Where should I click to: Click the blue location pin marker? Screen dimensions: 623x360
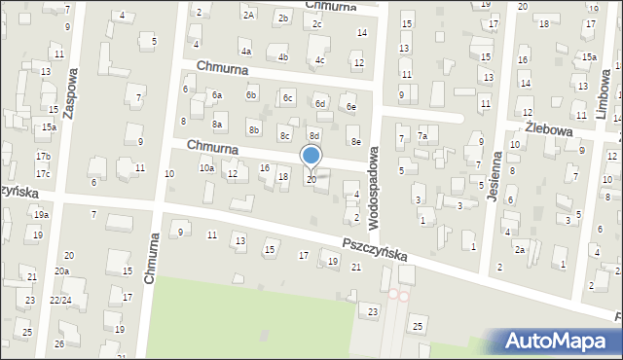pyautogui.click(x=311, y=157)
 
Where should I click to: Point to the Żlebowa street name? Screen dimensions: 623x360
pyautogui.click(x=552, y=128)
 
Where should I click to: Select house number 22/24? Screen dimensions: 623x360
pyautogui.click(x=60, y=300)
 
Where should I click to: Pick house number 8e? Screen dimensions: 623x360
pyautogui.click(x=355, y=142)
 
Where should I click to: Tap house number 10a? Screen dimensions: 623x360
pyautogui.click(x=206, y=168)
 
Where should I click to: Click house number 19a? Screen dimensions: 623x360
pyautogui.click(x=41, y=214)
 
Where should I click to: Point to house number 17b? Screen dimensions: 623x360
pyautogui.click(x=43, y=157)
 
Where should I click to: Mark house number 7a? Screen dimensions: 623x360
pyautogui.click(x=422, y=137)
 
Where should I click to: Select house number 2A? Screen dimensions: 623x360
pyautogui.click(x=249, y=15)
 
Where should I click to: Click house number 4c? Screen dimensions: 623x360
pyautogui.click(x=319, y=60)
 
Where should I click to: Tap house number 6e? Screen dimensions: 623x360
pyautogui.click(x=351, y=107)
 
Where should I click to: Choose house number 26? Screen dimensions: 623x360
pyautogui.click(x=59, y=343)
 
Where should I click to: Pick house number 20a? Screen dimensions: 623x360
pyautogui.click(x=62, y=270)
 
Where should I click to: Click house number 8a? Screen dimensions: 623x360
pyautogui.click(x=218, y=125)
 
